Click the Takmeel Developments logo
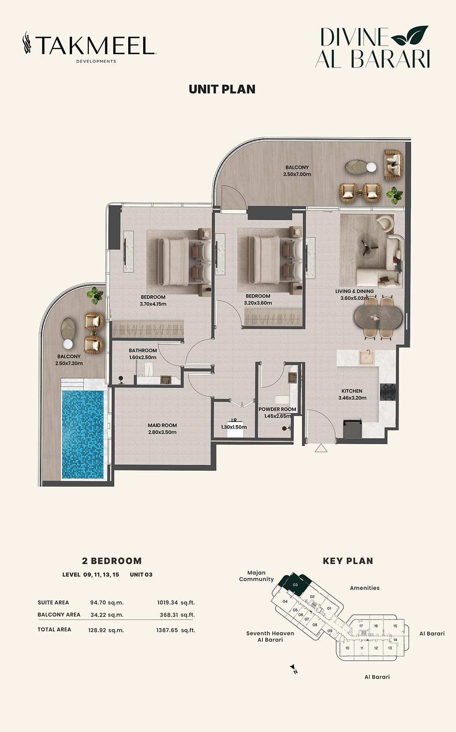tap(89, 47)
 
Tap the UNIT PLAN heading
tap(222, 89)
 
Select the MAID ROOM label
tap(162, 425)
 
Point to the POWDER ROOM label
tap(277, 409)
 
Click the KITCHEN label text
tap(352, 391)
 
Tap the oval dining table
tap(378, 317)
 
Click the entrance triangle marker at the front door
tap(321, 448)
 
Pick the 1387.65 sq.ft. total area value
tap(176, 630)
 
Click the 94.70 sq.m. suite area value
tap(107, 602)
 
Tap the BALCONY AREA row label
tap(59, 614)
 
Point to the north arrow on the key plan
tap(293, 669)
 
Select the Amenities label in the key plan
tap(364, 588)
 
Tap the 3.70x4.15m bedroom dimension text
tap(153, 304)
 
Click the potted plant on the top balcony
tap(394, 195)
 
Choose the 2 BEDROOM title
tap(112, 561)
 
